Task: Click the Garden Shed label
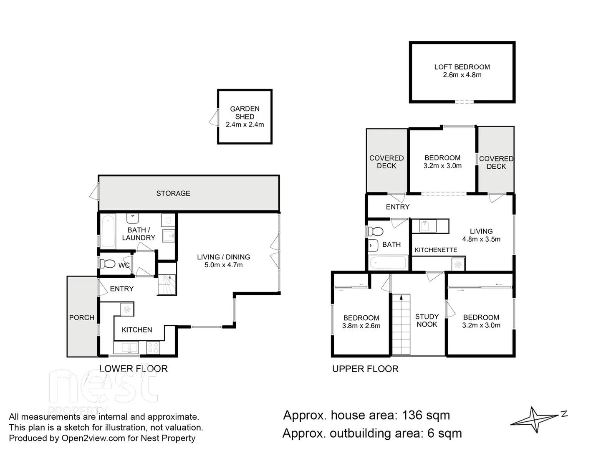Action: click(x=245, y=113)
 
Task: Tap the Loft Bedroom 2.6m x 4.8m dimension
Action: click(x=462, y=75)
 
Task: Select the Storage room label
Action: click(x=173, y=193)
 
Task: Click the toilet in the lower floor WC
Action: click(x=107, y=264)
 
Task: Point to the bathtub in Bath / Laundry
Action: click(x=108, y=231)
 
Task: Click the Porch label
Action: click(x=81, y=318)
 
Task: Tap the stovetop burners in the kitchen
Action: click(x=153, y=348)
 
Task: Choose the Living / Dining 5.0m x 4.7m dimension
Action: click(x=223, y=265)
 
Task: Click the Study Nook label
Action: click(x=427, y=320)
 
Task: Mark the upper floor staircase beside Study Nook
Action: click(x=401, y=324)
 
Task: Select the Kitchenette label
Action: click(x=436, y=250)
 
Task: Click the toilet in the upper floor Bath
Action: click(x=375, y=232)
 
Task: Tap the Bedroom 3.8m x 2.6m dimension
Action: click(x=361, y=326)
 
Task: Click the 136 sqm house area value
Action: click(x=426, y=416)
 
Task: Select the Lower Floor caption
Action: click(x=133, y=369)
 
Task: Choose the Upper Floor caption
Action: click(x=365, y=369)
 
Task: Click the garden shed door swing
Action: click(x=214, y=117)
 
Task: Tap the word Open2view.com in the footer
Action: click(x=93, y=438)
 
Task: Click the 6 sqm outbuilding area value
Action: click(x=444, y=433)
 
